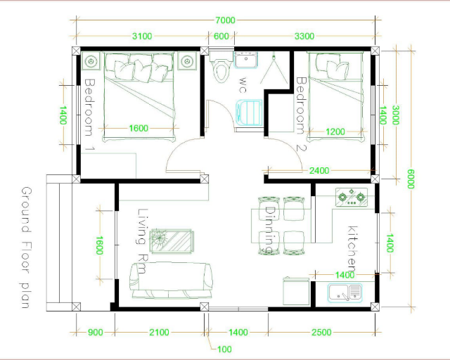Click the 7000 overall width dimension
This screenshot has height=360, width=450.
pyautogui.click(x=225, y=20)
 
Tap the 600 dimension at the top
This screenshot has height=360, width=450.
pyautogui.click(x=221, y=36)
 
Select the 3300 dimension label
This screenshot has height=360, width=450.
pyautogui.click(x=304, y=36)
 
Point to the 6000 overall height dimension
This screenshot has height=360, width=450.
pyautogui.click(x=411, y=179)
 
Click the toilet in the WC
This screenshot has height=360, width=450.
pyautogui.click(x=220, y=65)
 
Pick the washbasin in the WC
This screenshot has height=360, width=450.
pyautogui.click(x=246, y=60)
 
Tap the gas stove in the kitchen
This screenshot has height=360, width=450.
pyautogui.click(x=352, y=197)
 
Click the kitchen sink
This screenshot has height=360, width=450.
pyautogui.click(x=345, y=293)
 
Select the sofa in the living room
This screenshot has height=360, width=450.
pyautogui.click(x=172, y=281)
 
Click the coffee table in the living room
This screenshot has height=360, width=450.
pyautogui.click(x=172, y=242)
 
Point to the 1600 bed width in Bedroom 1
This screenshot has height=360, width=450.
pyautogui.click(x=139, y=128)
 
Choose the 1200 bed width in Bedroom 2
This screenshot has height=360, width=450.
pyautogui.click(x=335, y=131)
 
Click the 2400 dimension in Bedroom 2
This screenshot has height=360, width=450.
pyautogui.click(x=319, y=171)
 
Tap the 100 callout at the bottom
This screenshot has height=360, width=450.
pyautogui.click(x=224, y=349)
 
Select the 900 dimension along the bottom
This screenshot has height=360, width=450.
pyautogui.click(x=96, y=332)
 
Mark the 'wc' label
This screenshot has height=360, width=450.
pyautogui.click(x=243, y=84)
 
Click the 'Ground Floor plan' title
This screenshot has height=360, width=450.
pyautogui.click(x=26, y=247)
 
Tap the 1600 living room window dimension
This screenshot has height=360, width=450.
pyautogui.click(x=99, y=245)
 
